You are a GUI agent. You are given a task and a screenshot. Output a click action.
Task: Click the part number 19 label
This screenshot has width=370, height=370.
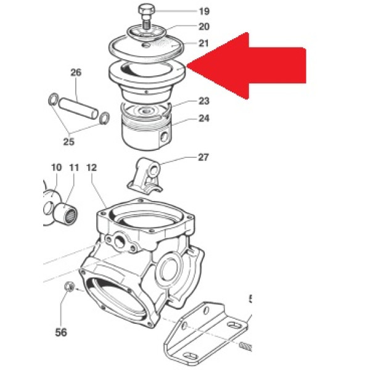(x=204, y=11)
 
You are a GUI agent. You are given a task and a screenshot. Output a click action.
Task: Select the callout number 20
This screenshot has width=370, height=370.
(x=204, y=27)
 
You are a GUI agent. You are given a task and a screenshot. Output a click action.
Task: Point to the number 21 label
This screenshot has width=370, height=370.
(x=203, y=43)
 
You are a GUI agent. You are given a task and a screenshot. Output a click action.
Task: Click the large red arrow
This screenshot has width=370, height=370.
(x=247, y=65)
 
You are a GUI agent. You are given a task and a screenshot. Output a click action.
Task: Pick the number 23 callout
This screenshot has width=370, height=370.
(x=204, y=101)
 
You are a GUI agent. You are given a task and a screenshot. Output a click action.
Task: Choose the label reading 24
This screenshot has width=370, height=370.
(x=204, y=118)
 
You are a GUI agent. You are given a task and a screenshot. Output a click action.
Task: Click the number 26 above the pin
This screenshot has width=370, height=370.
(x=76, y=72)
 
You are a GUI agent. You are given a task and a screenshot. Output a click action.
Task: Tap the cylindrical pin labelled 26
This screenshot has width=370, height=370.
(x=78, y=109)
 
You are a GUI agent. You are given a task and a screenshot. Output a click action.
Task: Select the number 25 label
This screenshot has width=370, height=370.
(x=69, y=142)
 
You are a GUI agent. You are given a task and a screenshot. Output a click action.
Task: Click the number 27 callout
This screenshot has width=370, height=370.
(x=203, y=157)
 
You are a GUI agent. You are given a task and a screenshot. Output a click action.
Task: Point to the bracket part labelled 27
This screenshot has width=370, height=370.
(x=145, y=176)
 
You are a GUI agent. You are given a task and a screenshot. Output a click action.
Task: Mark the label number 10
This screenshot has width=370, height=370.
(x=56, y=168)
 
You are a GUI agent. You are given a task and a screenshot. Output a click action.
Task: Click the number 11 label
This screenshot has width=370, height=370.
(x=74, y=168)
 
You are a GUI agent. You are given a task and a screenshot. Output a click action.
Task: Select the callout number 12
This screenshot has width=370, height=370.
(x=91, y=168)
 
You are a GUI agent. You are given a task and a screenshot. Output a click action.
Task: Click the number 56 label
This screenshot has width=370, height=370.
(x=61, y=332)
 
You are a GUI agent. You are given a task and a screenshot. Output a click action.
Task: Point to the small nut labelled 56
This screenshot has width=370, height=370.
(x=70, y=286)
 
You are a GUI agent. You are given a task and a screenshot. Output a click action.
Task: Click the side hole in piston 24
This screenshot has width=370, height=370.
(x=164, y=137)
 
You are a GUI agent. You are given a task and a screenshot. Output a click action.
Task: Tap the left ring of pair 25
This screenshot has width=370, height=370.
(x=53, y=99)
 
